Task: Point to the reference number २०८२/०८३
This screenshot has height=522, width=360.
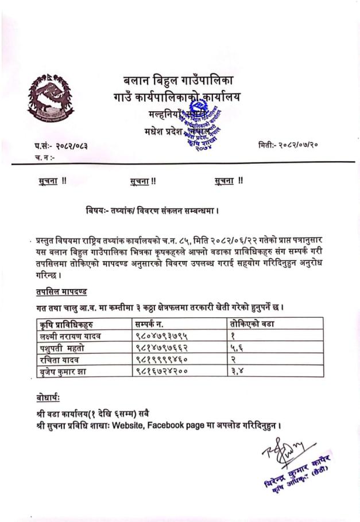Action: (72, 147)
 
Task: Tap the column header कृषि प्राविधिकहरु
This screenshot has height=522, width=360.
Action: (63, 325)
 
